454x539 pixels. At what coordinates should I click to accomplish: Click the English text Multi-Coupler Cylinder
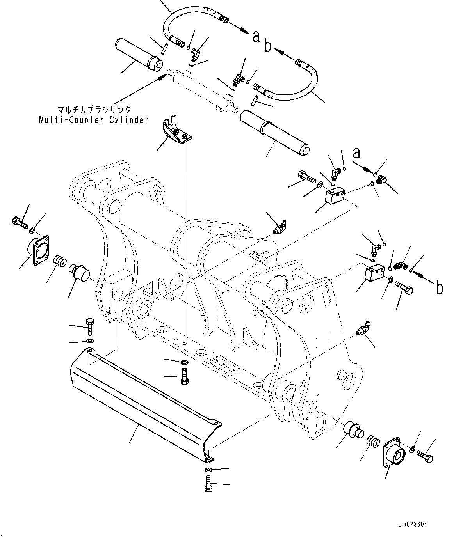point(94,120)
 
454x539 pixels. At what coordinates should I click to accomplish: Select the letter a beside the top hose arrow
point(256,36)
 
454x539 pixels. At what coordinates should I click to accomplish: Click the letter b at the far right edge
point(439,288)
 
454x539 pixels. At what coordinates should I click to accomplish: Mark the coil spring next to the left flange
point(60,260)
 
